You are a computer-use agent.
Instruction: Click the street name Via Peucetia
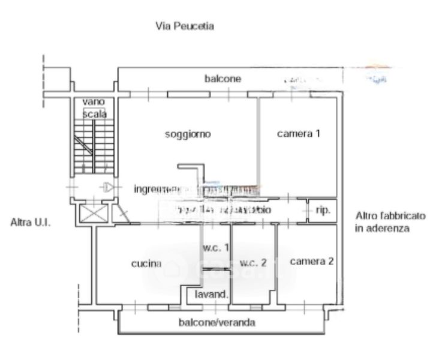coord(185,26)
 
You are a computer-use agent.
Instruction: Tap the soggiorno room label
coord(188,134)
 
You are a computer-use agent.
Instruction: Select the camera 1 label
coord(298,134)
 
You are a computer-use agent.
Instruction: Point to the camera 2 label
coord(312,262)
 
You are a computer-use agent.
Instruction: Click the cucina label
coord(146,263)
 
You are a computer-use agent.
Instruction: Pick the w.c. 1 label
coord(215,247)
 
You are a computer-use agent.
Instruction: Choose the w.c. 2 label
coord(252,263)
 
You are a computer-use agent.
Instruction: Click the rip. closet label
coord(323,211)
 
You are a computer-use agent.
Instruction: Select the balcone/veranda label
coord(217,323)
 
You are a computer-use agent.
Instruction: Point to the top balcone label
coord(222,79)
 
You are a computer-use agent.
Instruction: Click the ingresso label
coord(153,189)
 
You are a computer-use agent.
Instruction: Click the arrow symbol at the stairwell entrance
coord(107,188)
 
